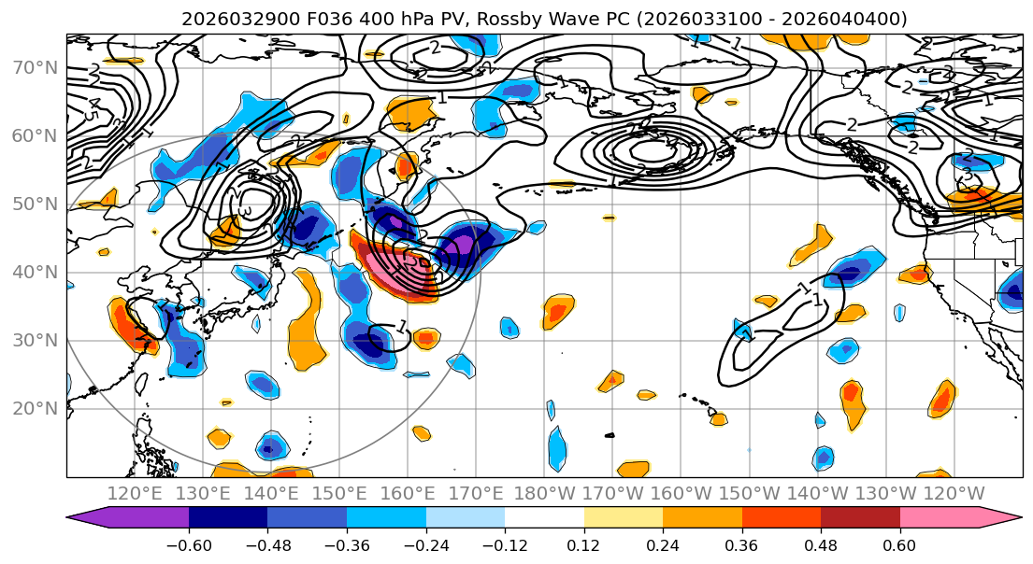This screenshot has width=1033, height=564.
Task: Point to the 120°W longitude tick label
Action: click(x=954, y=493)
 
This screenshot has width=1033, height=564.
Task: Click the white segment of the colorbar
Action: click(x=544, y=518)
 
